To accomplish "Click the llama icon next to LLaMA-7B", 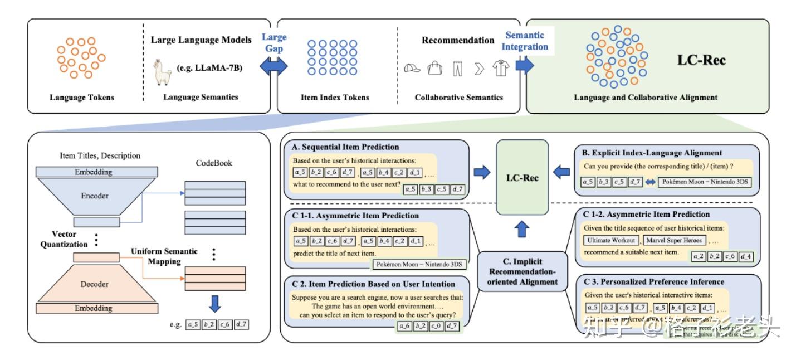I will click(x=162, y=72).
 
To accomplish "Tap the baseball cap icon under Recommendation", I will click(x=412, y=69).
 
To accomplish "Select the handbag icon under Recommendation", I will click(x=434, y=69).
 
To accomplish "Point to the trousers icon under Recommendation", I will click(x=457, y=69).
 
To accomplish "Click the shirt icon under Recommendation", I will click(x=500, y=69).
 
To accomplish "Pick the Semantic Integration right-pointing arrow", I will click(x=525, y=64).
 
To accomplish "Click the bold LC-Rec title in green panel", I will click(x=701, y=60).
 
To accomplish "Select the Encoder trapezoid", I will click(x=95, y=196).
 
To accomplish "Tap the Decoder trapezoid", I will click(x=95, y=284).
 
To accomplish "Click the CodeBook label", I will click(x=214, y=163).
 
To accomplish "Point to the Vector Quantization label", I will click(x=64, y=239).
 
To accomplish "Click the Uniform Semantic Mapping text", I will click(x=164, y=256).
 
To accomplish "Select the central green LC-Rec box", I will click(x=522, y=178).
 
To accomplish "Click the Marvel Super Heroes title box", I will click(x=675, y=240).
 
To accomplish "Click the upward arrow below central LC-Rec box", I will click(x=522, y=228).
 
